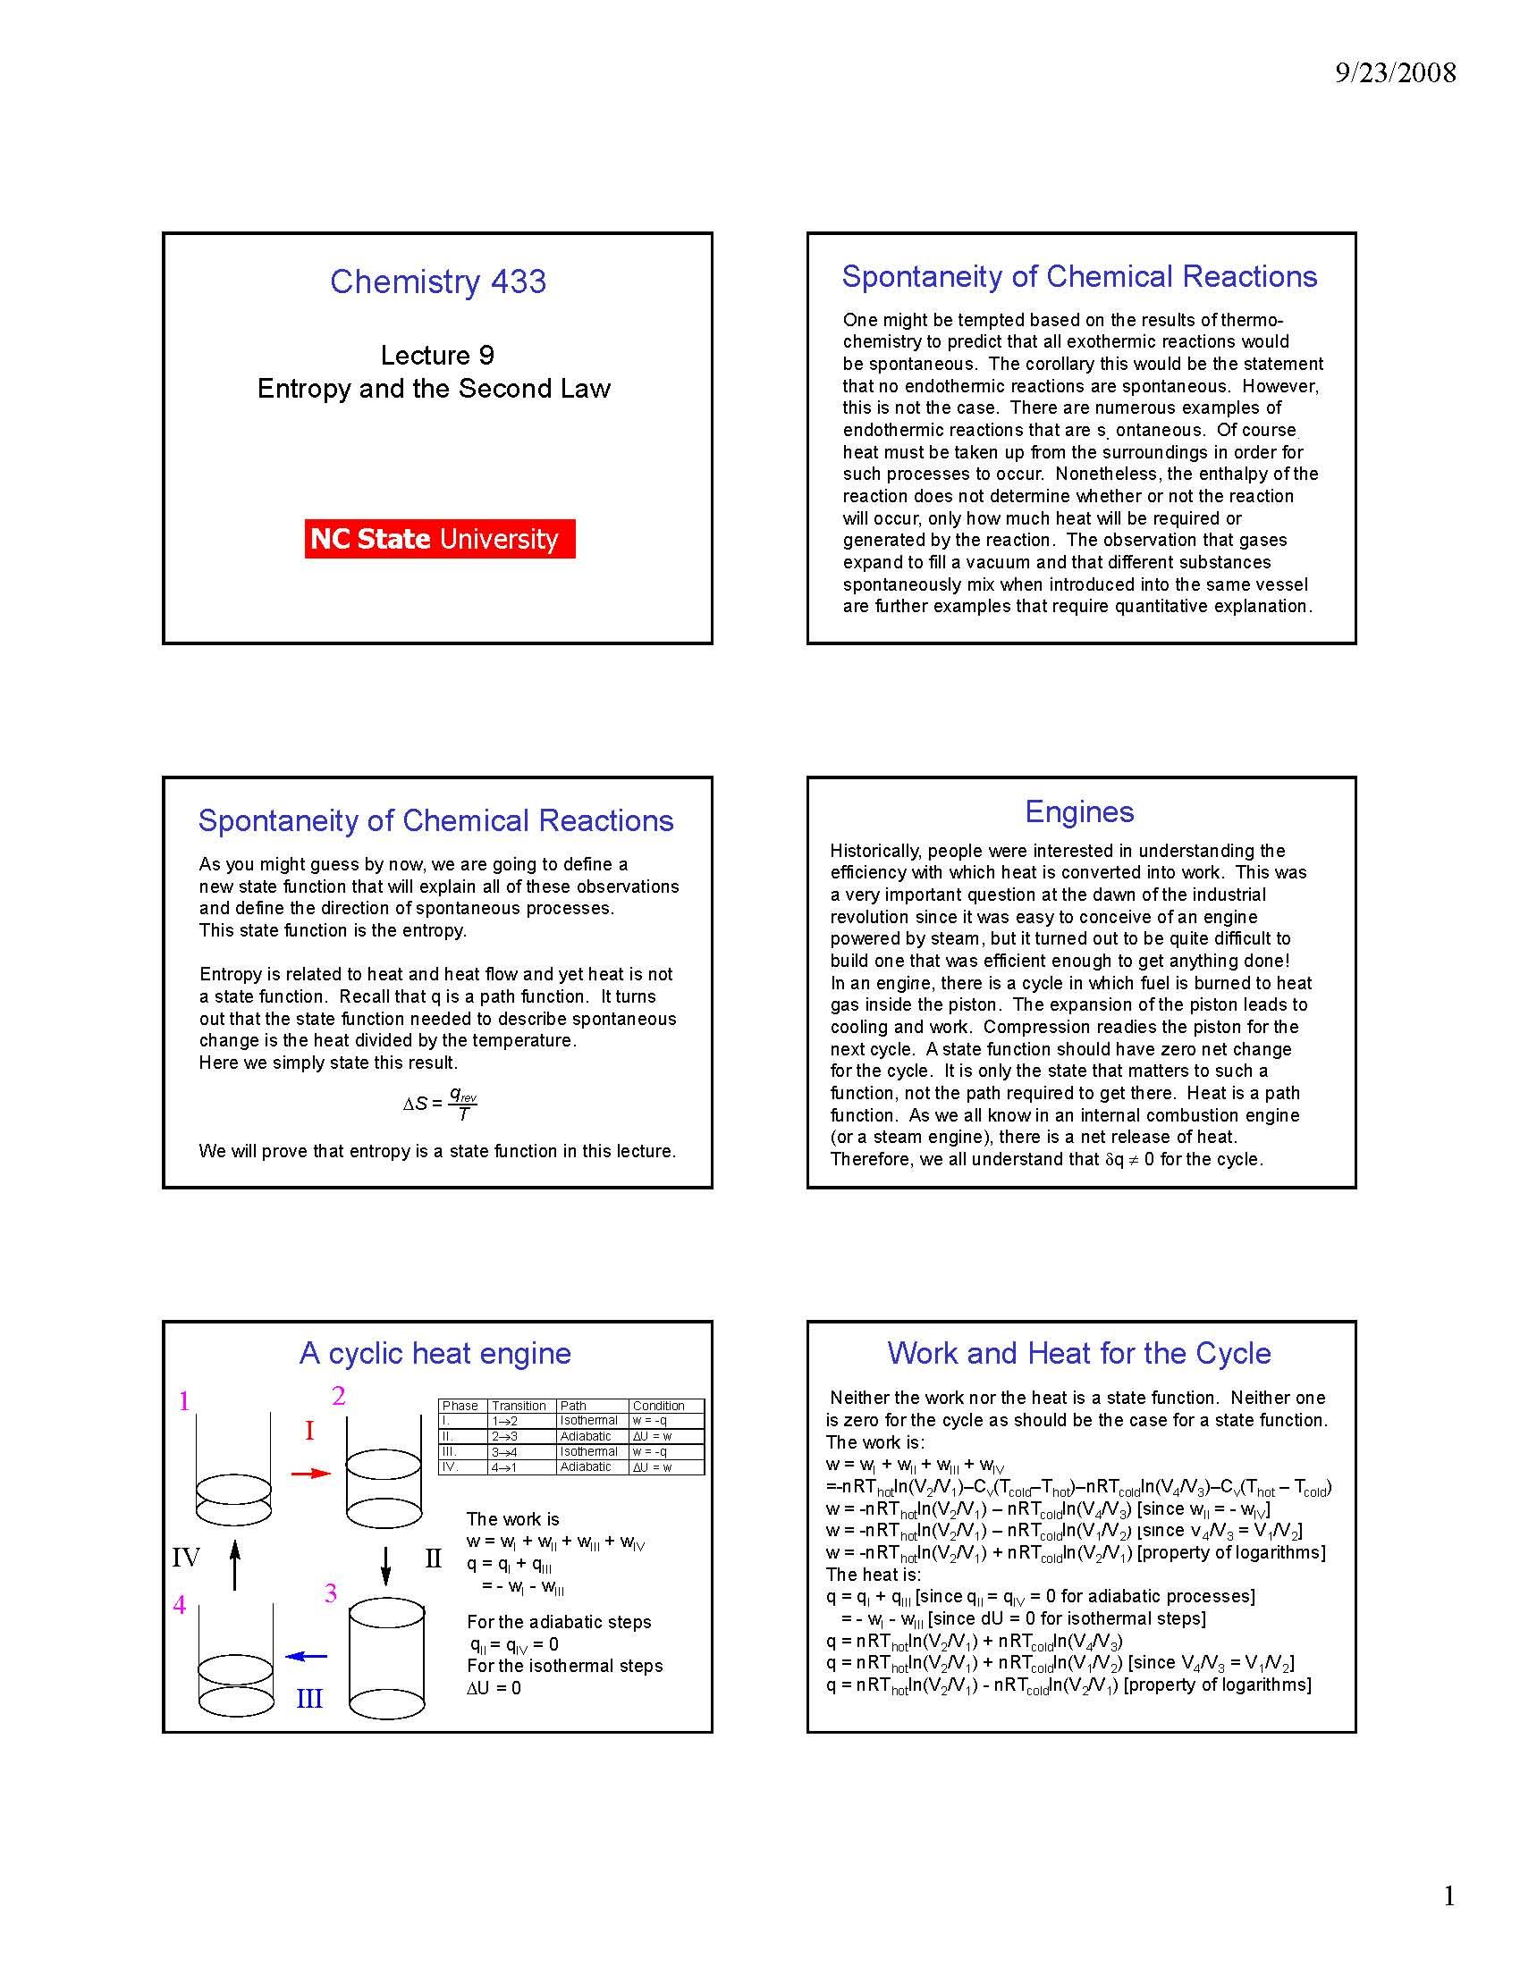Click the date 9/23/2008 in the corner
pos(1395,72)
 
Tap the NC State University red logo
pos(439,538)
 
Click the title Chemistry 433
pos(437,281)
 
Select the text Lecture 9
pos(436,355)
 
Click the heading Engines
pos(1079,811)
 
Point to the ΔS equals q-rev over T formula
pos(440,1103)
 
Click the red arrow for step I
pos(311,1473)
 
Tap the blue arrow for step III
pos(306,1655)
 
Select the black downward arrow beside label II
pos(386,1566)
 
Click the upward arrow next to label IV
pos(234,1565)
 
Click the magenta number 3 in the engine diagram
pos(331,1593)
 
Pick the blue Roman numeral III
pos(308,1699)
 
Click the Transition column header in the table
pos(519,1405)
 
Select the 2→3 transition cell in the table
pos(505,1436)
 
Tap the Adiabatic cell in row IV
pos(586,1466)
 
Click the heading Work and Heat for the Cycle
pos(1079,1353)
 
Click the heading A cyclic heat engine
pos(435,1353)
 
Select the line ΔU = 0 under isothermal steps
pos(494,1688)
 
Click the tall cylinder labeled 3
pos(386,1658)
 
